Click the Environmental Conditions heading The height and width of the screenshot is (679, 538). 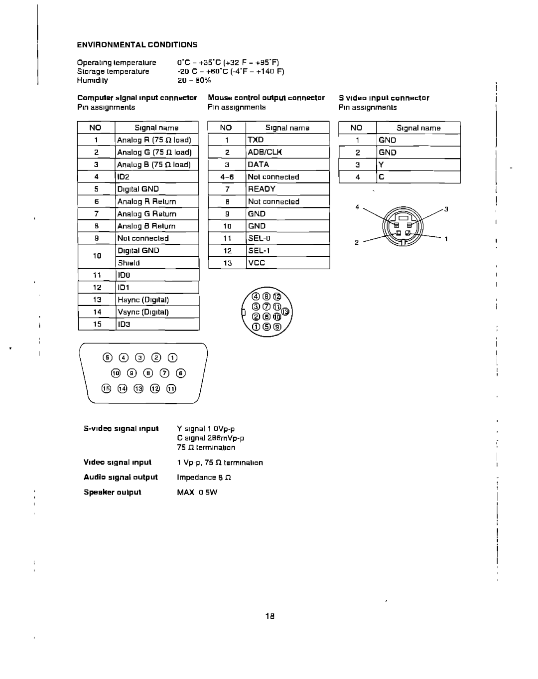pyautogui.click(x=137, y=44)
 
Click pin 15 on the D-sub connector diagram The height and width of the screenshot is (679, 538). pyautogui.click(x=106, y=389)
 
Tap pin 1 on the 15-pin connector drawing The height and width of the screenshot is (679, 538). pyautogui.click(x=172, y=357)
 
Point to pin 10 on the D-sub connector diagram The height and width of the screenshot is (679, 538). pyautogui.click(x=116, y=373)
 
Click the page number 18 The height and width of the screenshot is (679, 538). pyautogui.click(x=269, y=616)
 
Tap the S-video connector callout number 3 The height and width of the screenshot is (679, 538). pyautogui.click(x=446, y=209)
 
